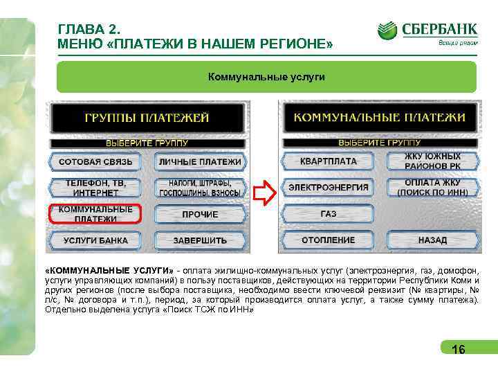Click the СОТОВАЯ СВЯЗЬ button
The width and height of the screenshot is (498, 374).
pos(95,162)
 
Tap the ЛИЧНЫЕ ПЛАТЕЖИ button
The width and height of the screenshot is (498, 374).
pos(200,162)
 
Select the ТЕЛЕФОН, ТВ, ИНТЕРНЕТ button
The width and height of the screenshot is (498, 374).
pos(95,188)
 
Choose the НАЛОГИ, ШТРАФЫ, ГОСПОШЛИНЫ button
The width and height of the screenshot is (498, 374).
pos(200,188)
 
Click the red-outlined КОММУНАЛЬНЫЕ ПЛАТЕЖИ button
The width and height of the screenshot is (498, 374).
pos(95,214)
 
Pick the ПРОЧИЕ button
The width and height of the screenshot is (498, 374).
pos(200,215)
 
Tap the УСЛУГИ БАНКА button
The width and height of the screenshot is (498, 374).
pos(95,241)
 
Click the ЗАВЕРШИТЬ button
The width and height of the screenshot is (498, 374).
pos(200,241)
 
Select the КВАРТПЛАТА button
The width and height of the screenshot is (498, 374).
pos(328,161)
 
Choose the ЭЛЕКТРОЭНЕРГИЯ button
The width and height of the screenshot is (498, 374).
pos(328,188)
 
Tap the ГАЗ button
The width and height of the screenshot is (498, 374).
pos(328,214)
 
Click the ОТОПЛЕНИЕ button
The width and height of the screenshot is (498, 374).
pos(328,240)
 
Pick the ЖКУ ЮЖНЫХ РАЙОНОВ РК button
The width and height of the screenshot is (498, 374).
pos(432,161)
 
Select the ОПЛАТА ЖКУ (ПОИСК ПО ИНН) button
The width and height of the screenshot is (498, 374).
pos(432,188)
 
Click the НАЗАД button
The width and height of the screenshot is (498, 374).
pos(432,240)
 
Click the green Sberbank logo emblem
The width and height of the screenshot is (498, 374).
pos(387,31)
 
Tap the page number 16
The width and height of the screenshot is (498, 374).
pos(458,350)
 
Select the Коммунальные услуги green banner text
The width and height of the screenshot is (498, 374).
pos(266,75)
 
